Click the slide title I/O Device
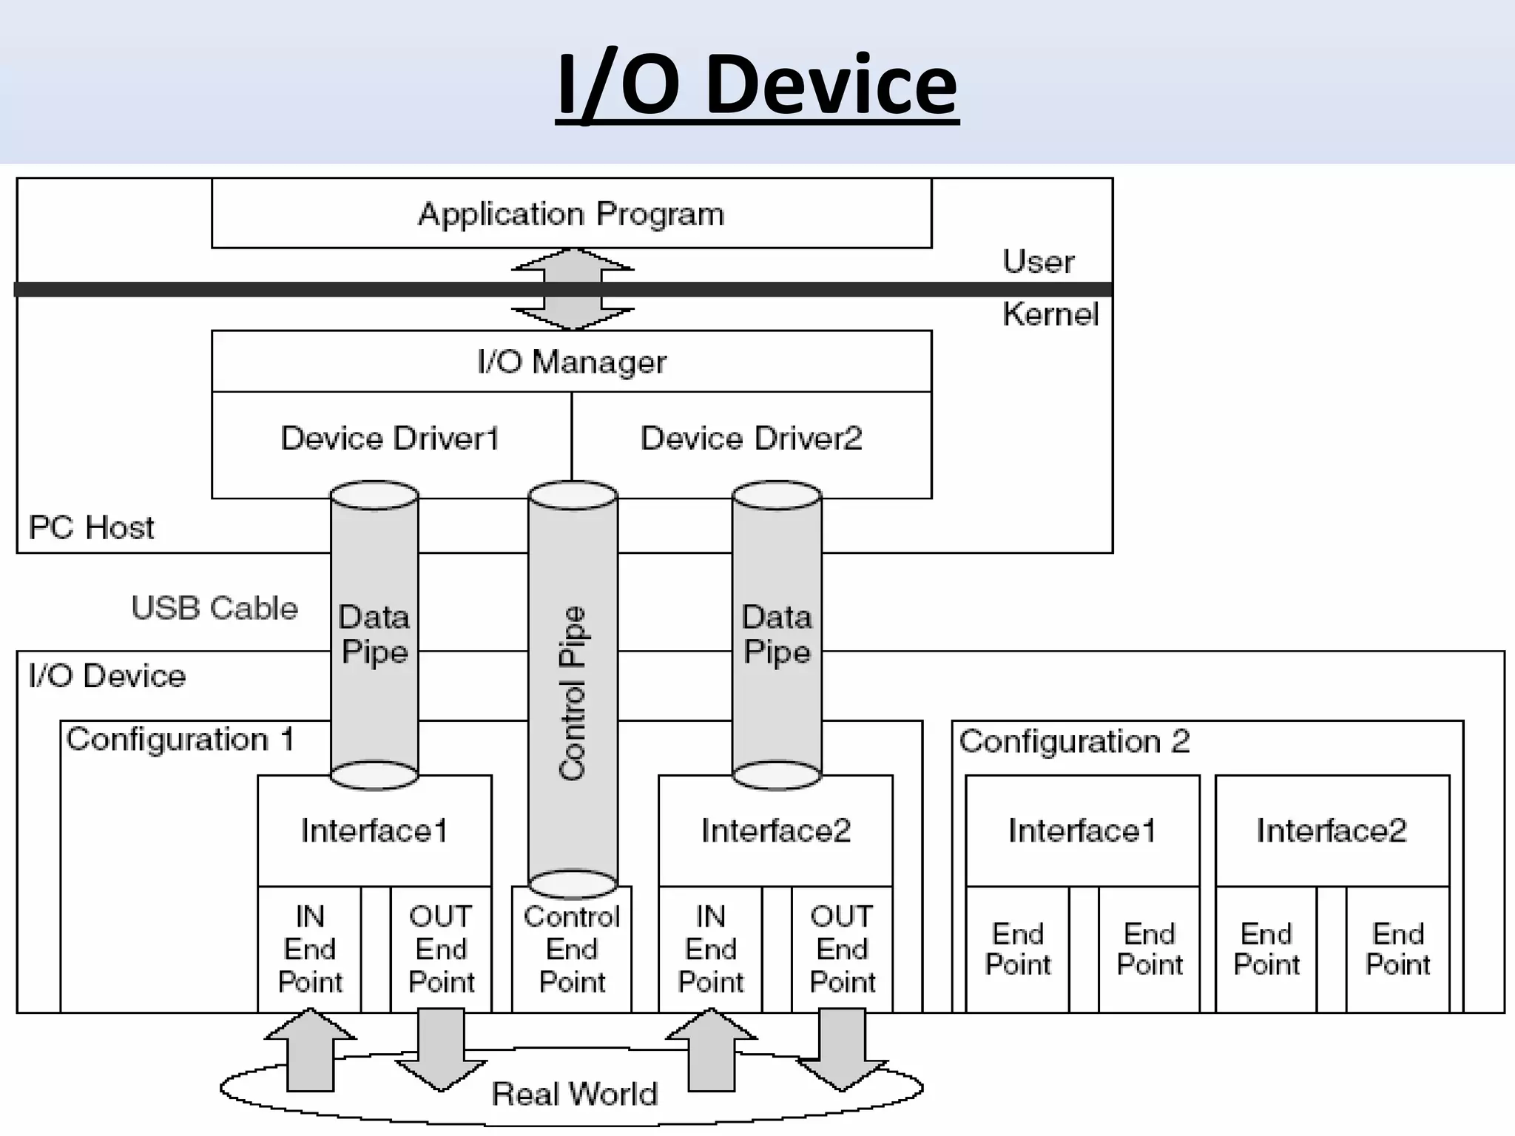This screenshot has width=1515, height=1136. click(757, 85)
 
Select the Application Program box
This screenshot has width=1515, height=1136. click(571, 214)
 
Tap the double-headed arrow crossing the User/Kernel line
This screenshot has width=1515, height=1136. click(573, 288)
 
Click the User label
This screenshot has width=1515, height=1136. click(1038, 262)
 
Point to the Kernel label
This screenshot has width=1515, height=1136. click(1050, 314)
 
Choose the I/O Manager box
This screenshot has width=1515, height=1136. click(571, 362)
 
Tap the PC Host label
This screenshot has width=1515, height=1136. click(91, 528)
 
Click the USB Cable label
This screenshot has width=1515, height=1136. click(215, 608)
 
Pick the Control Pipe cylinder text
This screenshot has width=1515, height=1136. click(573, 694)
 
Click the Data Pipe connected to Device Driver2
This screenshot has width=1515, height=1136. click(777, 635)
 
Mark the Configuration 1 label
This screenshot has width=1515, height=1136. click(180, 740)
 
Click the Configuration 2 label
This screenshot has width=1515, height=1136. click(1074, 741)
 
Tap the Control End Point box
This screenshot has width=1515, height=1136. click(572, 949)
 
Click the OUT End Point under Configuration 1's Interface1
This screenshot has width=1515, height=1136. click(441, 949)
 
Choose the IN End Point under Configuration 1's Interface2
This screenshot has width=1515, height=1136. click(710, 949)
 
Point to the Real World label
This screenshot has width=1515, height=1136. click(575, 1094)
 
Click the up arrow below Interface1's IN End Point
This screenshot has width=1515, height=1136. click(311, 1050)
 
